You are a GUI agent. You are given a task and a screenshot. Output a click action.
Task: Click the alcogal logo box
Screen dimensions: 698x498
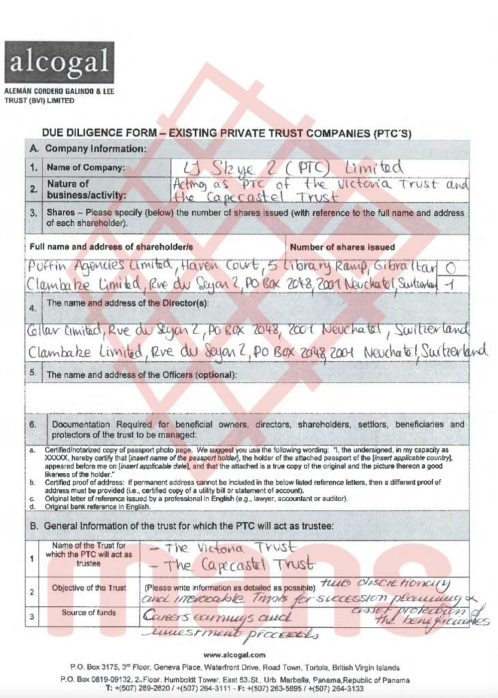tap(59, 62)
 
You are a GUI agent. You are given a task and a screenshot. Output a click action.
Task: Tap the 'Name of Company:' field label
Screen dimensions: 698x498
tap(86, 167)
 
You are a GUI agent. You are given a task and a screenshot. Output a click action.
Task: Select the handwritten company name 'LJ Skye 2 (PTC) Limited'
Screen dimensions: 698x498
tap(286, 167)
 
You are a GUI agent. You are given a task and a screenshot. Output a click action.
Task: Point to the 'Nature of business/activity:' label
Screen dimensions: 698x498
tap(86, 189)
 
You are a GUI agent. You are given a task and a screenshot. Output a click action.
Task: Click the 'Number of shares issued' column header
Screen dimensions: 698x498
tap(342, 247)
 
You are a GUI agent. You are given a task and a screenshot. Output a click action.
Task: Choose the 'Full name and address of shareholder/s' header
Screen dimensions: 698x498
tap(111, 247)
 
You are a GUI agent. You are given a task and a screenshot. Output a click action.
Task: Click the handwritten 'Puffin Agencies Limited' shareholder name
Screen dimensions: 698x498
tap(100, 266)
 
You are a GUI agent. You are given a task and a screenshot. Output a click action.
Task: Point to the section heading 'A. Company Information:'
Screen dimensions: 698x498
tap(88, 148)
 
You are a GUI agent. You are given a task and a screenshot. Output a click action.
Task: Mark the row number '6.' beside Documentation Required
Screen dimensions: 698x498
tap(33, 424)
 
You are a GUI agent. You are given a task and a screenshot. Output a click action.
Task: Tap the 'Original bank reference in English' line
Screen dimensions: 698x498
tap(98, 507)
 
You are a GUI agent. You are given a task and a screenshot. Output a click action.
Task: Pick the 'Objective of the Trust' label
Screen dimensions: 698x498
tap(89, 588)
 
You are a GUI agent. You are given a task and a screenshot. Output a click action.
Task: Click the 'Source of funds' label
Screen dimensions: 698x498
tap(89, 613)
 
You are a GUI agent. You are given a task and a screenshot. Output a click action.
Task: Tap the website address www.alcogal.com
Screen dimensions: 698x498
tap(234, 655)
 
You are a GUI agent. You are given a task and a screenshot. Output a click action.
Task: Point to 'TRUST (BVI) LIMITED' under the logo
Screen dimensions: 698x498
tap(39, 100)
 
